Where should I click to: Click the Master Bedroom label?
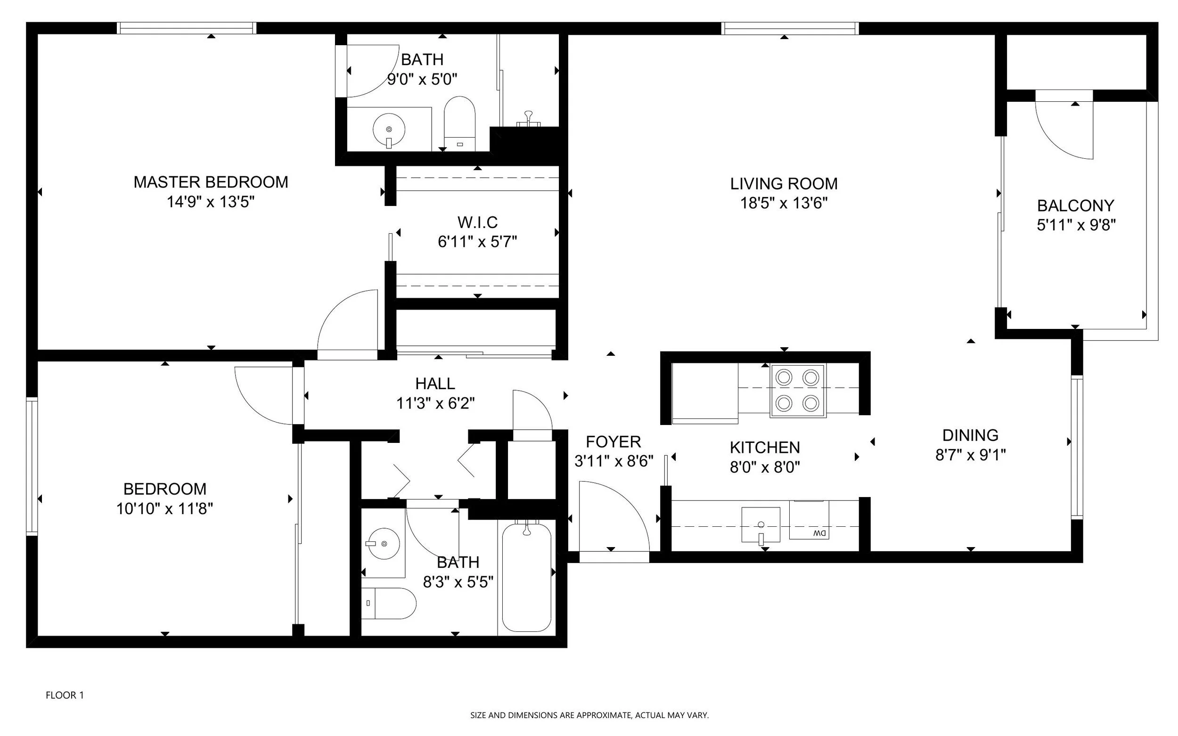211,182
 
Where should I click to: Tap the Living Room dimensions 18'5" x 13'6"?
784,203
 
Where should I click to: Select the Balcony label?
1075,205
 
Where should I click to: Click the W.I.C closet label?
477,222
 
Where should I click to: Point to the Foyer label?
614,442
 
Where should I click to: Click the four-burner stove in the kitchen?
797,391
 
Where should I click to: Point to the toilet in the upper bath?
459,123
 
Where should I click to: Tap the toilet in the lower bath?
388,603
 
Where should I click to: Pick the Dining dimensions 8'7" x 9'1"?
970,455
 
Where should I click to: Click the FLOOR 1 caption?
65,695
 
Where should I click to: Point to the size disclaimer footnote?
589,715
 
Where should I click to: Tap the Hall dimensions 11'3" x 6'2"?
435,403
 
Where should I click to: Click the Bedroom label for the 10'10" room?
164,489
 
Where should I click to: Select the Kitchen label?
765,447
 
